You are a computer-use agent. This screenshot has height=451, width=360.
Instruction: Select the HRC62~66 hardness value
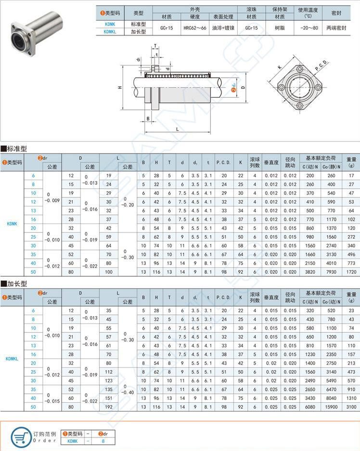click(194, 28)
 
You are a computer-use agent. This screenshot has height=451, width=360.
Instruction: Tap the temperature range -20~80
click(308, 28)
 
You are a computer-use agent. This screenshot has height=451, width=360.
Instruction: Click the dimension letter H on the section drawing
click(120, 88)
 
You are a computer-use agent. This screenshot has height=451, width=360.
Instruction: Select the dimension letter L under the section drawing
click(177, 129)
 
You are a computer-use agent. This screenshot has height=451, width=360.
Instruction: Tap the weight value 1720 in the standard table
click(350, 272)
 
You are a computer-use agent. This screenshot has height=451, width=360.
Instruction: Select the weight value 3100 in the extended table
click(350, 407)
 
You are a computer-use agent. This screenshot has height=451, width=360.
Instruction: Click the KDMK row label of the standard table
click(12, 223)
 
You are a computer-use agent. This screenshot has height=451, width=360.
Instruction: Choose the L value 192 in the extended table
click(109, 407)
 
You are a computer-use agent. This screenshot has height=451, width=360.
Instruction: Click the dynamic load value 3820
click(310, 272)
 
